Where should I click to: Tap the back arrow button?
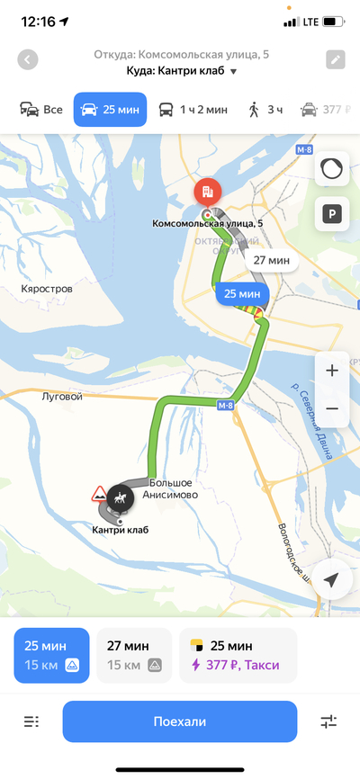point(28,60)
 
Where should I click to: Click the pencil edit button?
point(335,60)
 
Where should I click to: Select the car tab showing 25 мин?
point(110,110)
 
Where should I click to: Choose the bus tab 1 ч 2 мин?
point(193,110)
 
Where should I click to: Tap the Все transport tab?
point(41,110)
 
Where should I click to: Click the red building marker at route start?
point(206,192)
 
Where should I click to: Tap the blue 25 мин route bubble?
point(242,293)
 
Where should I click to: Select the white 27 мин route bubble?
point(271,261)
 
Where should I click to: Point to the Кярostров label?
point(47,290)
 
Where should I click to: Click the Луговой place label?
point(62,396)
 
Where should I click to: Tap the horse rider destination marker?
point(120,497)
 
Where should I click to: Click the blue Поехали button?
point(179,721)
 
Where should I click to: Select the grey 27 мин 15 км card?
point(134,655)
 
